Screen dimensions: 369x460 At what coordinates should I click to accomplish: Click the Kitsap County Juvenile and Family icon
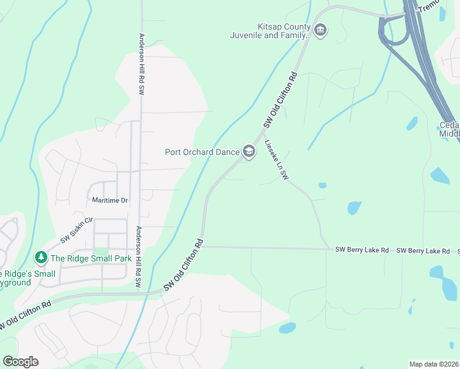click(320, 30)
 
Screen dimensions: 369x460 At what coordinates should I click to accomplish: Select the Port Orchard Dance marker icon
click(248, 151)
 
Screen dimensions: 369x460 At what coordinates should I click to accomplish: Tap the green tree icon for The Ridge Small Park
click(41, 258)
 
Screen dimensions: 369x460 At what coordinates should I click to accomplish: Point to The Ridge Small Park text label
click(91, 259)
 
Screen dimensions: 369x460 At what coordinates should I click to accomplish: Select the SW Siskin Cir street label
click(76, 229)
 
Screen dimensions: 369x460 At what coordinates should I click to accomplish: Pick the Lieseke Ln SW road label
click(277, 159)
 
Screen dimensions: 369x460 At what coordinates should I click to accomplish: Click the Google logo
click(20, 362)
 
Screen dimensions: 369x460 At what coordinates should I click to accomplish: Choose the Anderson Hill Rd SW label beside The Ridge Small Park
click(140, 256)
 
